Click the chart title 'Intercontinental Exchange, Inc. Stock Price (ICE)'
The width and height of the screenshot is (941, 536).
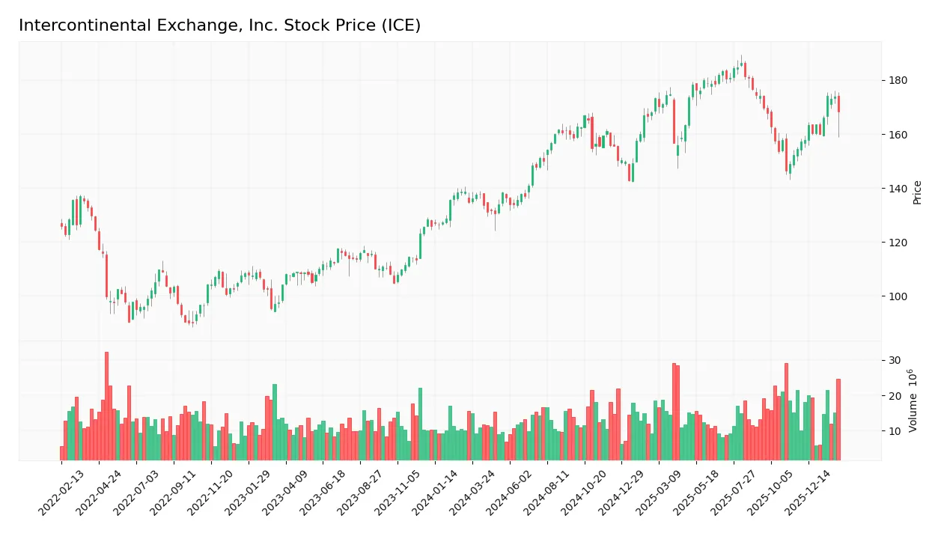pos(219,25)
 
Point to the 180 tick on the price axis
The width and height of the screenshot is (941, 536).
pos(898,81)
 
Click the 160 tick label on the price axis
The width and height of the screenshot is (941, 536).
pos(898,135)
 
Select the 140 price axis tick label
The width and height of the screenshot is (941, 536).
pos(898,189)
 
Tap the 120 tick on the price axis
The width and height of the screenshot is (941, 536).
pos(898,243)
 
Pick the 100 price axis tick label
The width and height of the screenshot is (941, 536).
pos(898,296)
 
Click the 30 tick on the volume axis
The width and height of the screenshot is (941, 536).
pos(895,361)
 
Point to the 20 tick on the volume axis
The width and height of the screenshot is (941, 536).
pos(895,396)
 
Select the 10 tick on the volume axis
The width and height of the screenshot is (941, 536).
pos(895,431)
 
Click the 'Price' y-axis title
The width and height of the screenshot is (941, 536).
pos(918,192)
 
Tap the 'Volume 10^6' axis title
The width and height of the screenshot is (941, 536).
pos(914,401)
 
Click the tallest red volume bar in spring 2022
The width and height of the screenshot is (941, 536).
pos(106,406)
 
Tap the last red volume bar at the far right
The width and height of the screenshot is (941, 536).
pos(838,419)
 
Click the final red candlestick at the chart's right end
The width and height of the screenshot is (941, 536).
pos(838,104)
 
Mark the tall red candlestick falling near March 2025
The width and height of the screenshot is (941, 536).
pos(674,121)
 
